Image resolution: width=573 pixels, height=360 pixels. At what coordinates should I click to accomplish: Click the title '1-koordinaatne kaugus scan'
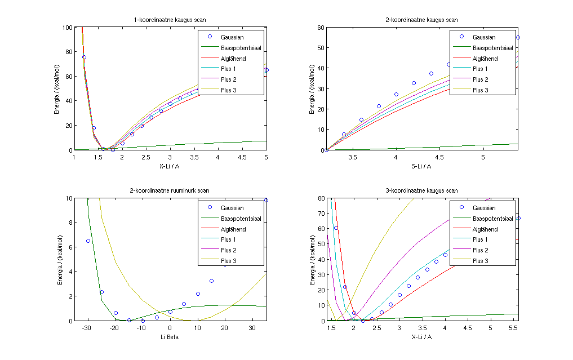point(170,20)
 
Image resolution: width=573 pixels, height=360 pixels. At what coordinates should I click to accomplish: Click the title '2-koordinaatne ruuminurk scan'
point(170,191)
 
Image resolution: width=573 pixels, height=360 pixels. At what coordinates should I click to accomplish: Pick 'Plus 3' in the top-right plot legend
point(481,90)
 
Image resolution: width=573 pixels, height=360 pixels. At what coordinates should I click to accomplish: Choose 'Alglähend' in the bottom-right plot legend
point(486,229)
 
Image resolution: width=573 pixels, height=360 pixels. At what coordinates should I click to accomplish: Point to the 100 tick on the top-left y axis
point(68,27)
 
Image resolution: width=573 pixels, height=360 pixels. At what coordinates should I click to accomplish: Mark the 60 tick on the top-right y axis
point(321,27)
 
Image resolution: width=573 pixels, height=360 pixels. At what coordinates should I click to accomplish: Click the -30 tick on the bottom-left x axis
point(87,328)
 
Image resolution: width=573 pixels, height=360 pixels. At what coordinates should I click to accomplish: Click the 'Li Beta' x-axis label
point(170,336)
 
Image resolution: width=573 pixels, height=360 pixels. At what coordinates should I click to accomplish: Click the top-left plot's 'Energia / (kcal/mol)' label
point(57,88)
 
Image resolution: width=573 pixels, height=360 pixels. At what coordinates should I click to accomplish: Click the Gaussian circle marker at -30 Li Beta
point(88,241)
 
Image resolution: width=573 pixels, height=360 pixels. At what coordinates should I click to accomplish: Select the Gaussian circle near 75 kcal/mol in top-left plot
point(84,57)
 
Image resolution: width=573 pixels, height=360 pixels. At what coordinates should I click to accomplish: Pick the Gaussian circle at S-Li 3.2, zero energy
point(326,150)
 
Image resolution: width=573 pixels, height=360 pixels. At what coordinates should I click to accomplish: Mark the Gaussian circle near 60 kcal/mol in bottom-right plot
point(336,228)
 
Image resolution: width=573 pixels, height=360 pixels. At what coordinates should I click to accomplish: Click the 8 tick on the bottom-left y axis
point(70,223)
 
